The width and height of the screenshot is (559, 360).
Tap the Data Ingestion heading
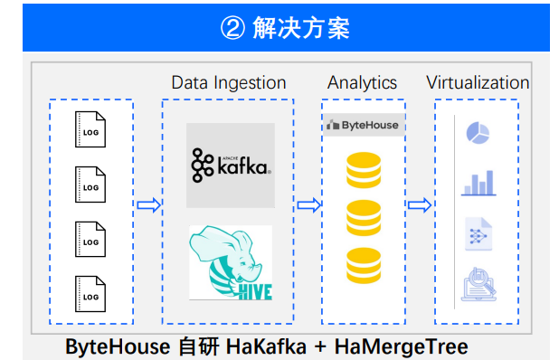pyautogui.click(x=228, y=82)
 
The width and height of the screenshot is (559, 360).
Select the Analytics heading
pyautogui.click(x=362, y=82)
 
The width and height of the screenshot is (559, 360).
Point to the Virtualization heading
pyautogui.click(x=478, y=82)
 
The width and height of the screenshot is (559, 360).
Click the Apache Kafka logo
pyautogui.click(x=230, y=166)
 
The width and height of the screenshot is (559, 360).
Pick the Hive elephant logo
pyautogui.click(x=230, y=263)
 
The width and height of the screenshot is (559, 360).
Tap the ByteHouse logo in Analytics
pyautogui.click(x=364, y=125)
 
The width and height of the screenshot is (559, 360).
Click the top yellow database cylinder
pyautogui.click(x=364, y=168)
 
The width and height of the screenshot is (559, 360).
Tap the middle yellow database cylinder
pyautogui.click(x=364, y=217)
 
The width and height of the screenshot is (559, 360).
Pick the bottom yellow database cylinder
pyautogui.click(x=364, y=266)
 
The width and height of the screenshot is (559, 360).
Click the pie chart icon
pyautogui.click(x=477, y=134)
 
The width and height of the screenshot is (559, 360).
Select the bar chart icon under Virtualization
pyautogui.click(x=477, y=183)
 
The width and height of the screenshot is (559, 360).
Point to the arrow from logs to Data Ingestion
pyautogui.click(x=148, y=204)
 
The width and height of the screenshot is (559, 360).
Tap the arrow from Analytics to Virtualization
pyautogui.click(x=419, y=204)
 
